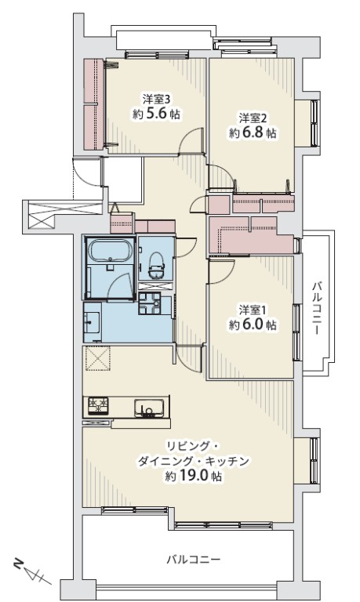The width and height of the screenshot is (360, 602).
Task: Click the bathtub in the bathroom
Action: click(111, 251)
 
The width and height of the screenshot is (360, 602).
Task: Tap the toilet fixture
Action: click(157, 264)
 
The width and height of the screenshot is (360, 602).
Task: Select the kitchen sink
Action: click(149, 408)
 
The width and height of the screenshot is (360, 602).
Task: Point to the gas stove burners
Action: click(99, 405)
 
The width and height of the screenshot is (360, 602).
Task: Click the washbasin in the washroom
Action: click(93, 321)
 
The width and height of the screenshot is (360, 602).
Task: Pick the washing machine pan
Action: click(150, 303)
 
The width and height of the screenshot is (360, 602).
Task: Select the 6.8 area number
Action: click(253, 132)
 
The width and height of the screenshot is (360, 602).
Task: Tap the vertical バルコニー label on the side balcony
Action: click(316, 308)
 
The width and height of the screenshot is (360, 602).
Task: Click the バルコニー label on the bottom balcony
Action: click(193, 560)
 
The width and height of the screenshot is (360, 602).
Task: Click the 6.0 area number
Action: click(253, 325)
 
